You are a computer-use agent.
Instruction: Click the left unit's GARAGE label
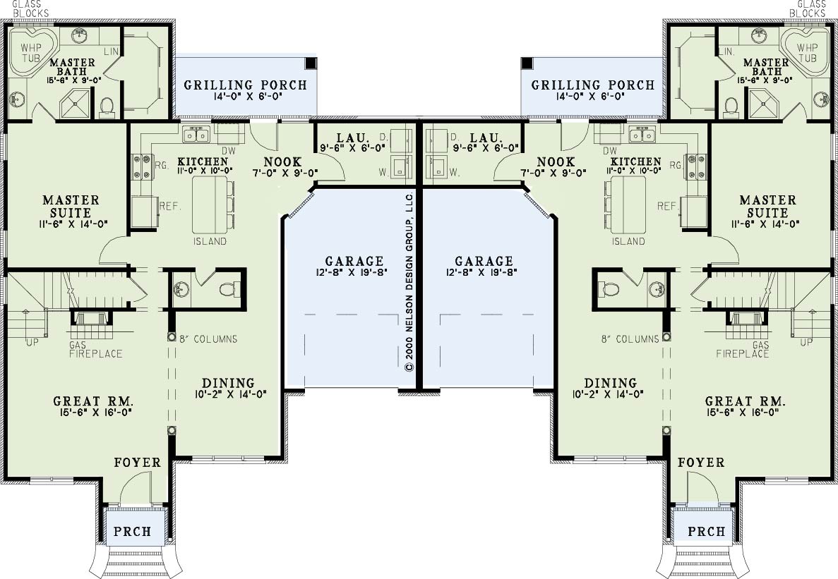(x=354, y=261)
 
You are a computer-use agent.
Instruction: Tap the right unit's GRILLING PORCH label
(x=593, y=85)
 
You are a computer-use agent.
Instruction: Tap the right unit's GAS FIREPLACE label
(x=742, y=350)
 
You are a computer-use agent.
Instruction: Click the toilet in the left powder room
(x=228, y=290)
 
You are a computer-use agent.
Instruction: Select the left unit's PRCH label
(x=133, y=532)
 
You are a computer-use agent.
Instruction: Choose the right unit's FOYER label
(x=701, y=462)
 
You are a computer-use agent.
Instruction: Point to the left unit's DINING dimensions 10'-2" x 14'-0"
(x=227, y=394)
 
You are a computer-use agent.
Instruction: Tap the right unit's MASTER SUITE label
(x=767, y=207)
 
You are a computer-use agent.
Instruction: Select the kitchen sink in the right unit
(x=642, y=134)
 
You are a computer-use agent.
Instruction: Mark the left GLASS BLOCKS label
(x=30, y=8)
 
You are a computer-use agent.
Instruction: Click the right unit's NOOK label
(x=556, y=161)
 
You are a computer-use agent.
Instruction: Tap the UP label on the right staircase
(x=806, y=341)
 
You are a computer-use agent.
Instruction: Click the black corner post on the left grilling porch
(x=311, y=63)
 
